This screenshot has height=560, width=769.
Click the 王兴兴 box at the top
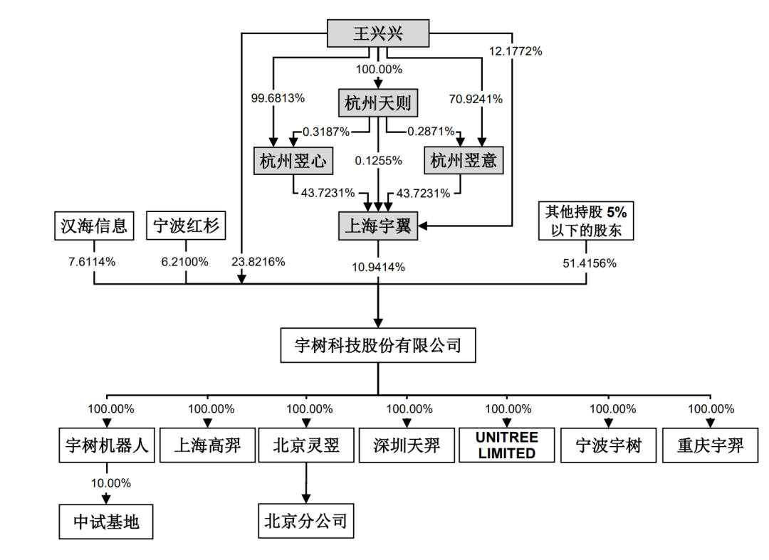click(378, 34)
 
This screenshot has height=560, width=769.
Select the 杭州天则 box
click(377, 105)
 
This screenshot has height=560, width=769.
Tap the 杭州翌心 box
click(293, 162)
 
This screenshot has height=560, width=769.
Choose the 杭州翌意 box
click(464, 162)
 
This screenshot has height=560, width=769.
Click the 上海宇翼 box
click(377, 226)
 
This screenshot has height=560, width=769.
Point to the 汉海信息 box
click(93, 227)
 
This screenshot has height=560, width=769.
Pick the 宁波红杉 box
click(186, 227)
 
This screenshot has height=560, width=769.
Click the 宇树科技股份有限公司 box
click(377, 346)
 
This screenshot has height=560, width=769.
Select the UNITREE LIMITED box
click(506, 445)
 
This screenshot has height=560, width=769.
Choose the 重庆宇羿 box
click(711, 445)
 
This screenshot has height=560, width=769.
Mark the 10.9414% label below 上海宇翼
click(377, 268)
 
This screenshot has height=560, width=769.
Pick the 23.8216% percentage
click(258, 262)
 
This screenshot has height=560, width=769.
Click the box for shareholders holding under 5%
click(586, 221)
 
